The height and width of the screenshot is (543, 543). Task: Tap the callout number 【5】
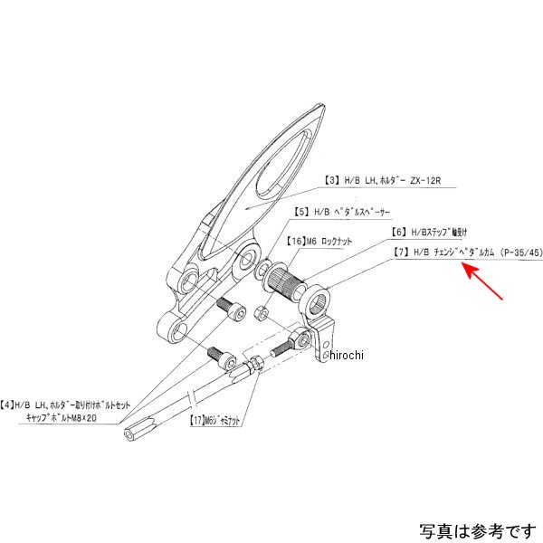299,212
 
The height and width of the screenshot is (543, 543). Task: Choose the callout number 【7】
401,253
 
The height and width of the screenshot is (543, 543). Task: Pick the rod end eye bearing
297,343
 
